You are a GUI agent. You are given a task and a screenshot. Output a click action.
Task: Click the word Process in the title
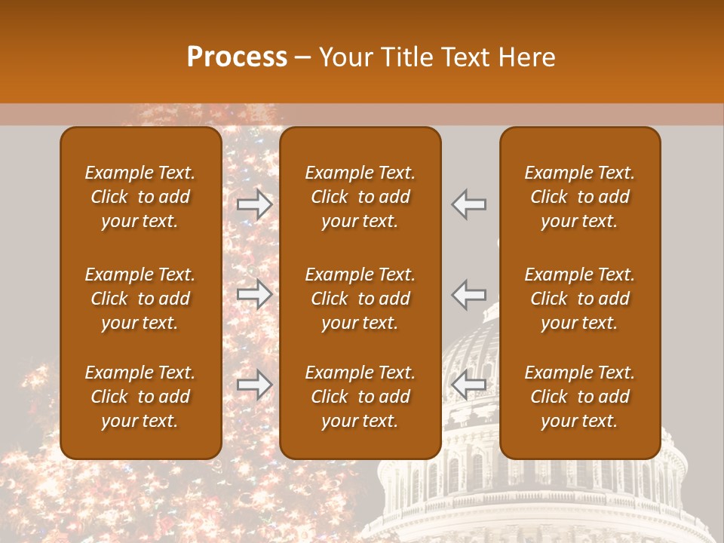click(237, 57)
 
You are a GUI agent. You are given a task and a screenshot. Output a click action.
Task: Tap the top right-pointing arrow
click(254, 204)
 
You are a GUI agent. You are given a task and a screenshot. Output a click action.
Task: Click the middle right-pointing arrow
click(254, 294)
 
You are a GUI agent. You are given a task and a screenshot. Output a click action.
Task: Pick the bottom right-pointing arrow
click(254, 385)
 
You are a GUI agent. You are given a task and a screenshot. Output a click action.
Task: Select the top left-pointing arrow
click(469, 204)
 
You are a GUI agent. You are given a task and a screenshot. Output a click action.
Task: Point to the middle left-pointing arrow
click(469, 294)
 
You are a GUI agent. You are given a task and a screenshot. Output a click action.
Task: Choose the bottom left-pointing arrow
click(469, 385)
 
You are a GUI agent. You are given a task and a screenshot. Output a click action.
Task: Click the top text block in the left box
click(140, 197)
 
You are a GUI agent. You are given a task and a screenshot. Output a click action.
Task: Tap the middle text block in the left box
click(140, 299)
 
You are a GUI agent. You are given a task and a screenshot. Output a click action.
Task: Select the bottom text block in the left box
click(140, 397)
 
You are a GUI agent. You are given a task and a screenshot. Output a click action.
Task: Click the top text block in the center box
click(360, 197)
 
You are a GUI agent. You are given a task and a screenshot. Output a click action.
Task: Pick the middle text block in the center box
click(360, 299)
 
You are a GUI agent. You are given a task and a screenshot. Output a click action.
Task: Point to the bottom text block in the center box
click(360, 397)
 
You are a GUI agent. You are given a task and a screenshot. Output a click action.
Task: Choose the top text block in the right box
click(579, 197)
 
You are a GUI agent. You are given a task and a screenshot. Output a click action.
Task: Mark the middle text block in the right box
click(579, 299)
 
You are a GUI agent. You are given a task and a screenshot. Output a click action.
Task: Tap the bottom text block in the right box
click(579, 397)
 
